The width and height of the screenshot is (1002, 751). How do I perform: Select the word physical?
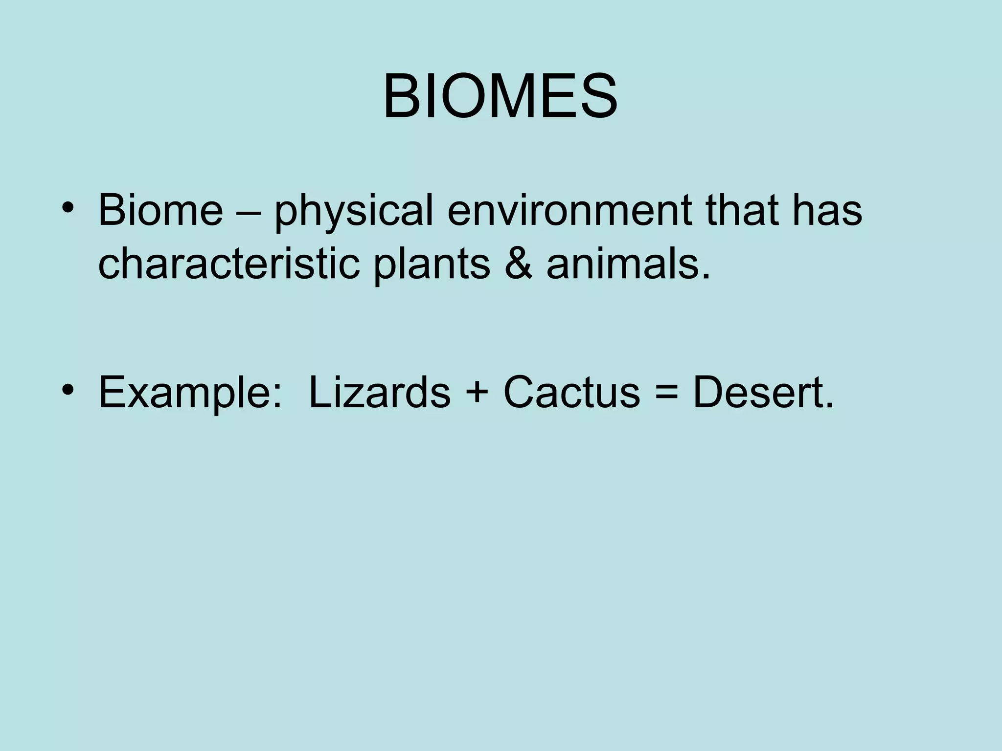coord(354,211)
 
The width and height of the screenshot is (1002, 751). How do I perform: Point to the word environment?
coord(569,211)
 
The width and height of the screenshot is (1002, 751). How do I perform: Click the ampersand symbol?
coord(518,265)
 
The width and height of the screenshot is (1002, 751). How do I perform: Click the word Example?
coord(186,393)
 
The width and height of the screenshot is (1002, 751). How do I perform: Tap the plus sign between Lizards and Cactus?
coord(477,394)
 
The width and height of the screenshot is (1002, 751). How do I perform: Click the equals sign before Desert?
coord(666,394)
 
